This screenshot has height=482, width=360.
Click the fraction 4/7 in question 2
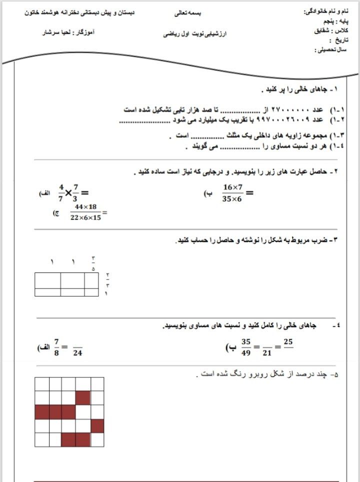click(61, 192)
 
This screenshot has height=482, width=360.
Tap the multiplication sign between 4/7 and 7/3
click(68, 192)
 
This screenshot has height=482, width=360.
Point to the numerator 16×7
click(233, 186)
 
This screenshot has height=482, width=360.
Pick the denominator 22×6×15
click(86, 218)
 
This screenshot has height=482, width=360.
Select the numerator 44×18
click(85, 207)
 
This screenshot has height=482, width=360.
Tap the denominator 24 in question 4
click(77, 352)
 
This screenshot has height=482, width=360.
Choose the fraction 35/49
click(245, 346)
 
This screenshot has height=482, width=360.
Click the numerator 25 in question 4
click(288, 342)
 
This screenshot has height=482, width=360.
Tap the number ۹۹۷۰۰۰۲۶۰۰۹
click(285, 120)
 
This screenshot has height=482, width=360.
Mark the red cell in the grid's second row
click(83, 398)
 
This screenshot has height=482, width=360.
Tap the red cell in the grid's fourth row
click(97, 425)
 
